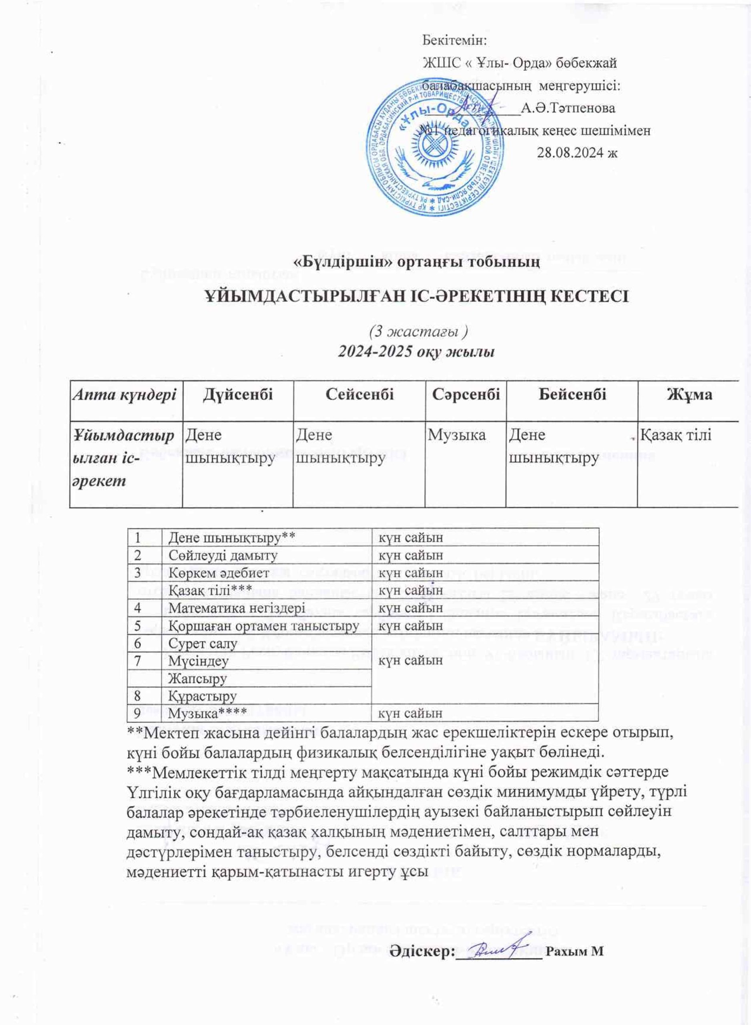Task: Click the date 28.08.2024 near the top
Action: coord(576,152)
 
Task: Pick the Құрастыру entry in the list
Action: coord(202,696)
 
